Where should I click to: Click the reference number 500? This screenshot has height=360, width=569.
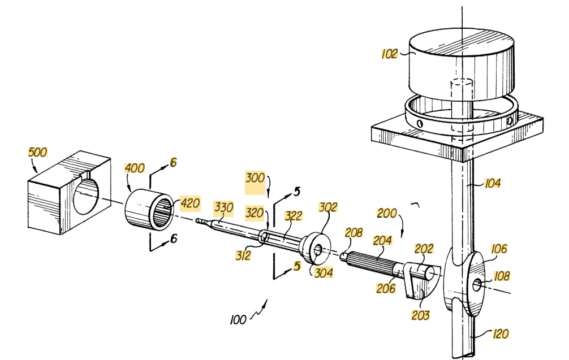pos(38,152)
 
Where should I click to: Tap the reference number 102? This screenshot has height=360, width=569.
pos(389,54)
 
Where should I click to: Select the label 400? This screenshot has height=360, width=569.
pos(135,168)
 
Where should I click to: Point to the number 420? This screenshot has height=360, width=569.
pos(189,203)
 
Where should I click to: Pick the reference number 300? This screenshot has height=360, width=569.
pos(255,177)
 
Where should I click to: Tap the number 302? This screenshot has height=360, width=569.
pos(328,206)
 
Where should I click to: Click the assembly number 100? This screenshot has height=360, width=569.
pos(238,320)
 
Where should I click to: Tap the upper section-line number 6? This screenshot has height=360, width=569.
pos(174,162)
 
